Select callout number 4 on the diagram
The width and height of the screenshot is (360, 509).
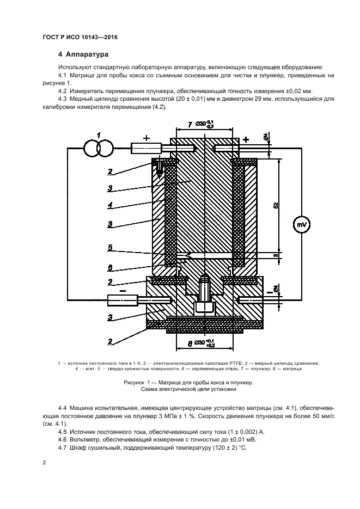click(x=110, y=205)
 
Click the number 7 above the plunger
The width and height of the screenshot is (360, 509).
click(x=190, y=125)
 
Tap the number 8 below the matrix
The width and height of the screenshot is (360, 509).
click(x=189, y=344)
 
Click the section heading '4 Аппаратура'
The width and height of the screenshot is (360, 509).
click(x=84, y=54)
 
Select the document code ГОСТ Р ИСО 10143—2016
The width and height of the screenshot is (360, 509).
click(x=80, y=37)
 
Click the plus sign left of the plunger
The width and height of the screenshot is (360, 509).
click(x=146, y=138)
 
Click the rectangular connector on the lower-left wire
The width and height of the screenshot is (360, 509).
click(x=123, y=299)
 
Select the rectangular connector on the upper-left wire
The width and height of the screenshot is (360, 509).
click(x=147, y=148)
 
